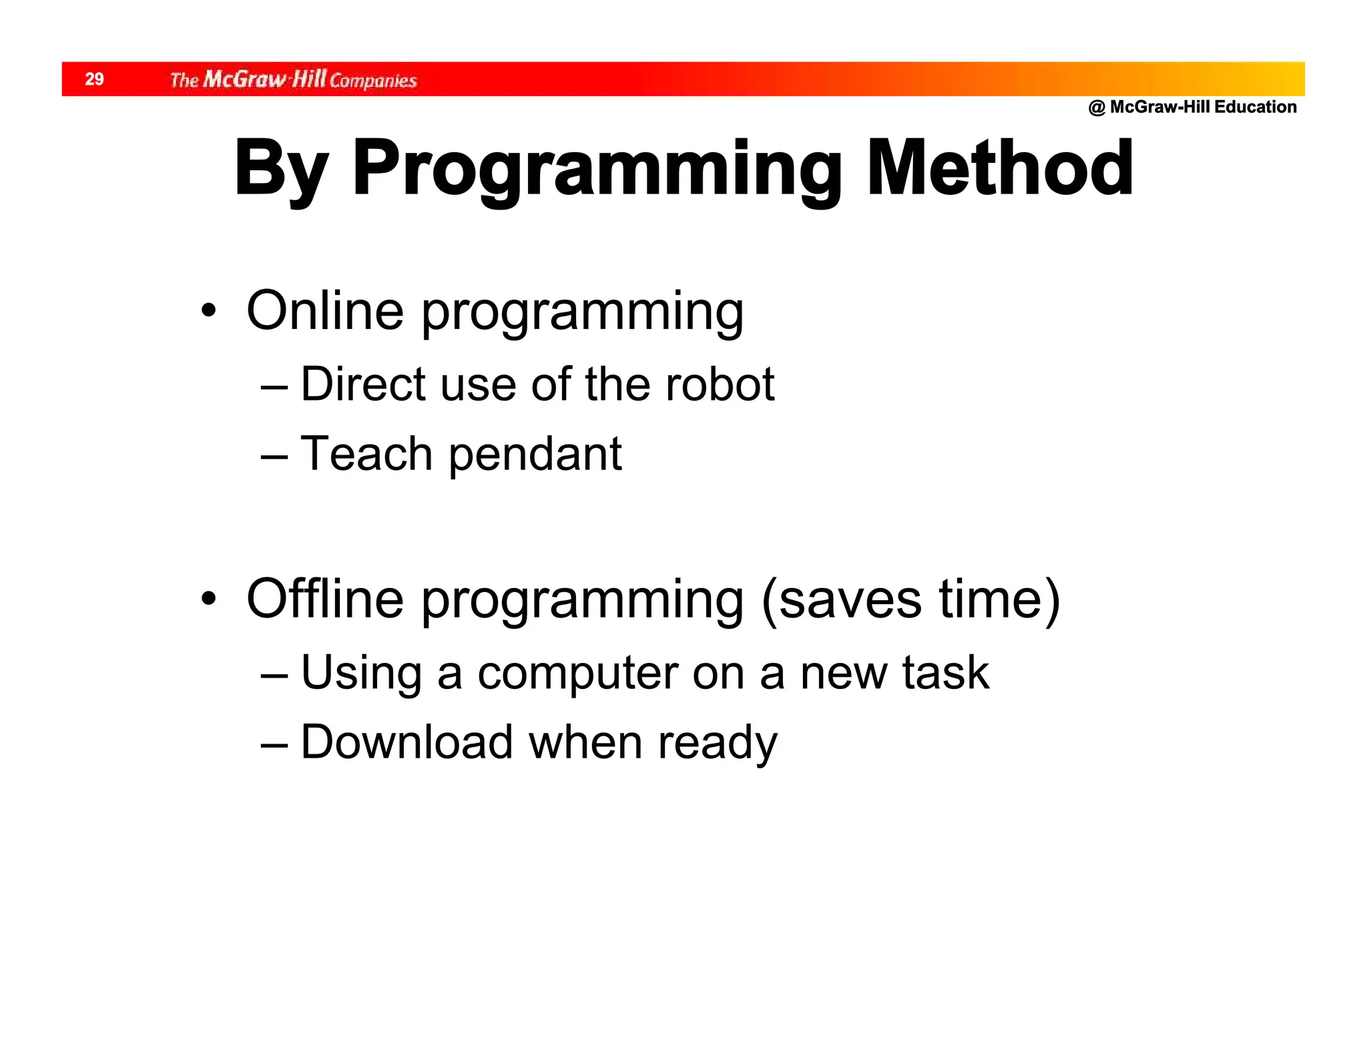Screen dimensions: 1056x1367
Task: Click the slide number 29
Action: click(94, 79)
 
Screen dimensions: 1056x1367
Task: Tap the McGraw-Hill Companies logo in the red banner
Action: click(293, 80)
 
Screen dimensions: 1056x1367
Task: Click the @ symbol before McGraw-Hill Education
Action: click(1097, 107)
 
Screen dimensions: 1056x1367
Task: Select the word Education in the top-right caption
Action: click(1256, 107)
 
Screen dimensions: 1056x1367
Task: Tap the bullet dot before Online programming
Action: click(209, 311)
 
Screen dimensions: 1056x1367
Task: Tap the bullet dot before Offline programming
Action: click(209, 599)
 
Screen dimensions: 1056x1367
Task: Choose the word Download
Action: click(406, 742)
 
